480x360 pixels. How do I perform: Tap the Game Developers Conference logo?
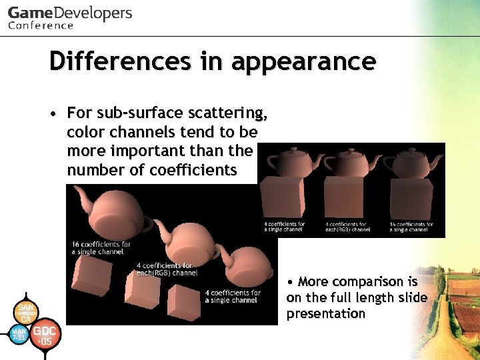point(69,17)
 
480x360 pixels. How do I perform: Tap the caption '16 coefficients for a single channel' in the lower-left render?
point(101,248)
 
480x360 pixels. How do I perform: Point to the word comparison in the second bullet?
point(367,281)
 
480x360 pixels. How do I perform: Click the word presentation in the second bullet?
point(326,314)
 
